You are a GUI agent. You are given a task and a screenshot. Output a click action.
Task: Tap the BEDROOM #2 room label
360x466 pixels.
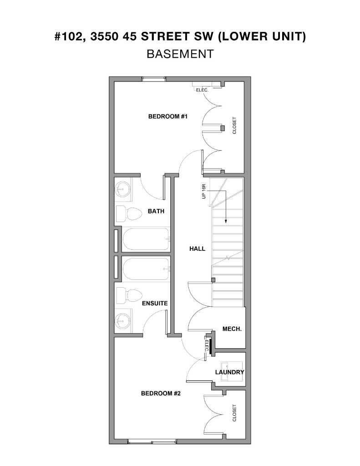[x=161, y=393]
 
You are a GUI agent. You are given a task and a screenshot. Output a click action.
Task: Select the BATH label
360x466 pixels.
[x=156, y=211]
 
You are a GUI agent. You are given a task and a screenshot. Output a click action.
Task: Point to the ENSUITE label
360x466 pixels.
[x=155, y=303]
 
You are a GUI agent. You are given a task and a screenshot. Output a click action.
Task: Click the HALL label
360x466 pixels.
[x=197, y=248]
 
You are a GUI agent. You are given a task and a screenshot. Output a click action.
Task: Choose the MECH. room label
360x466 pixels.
[x=232, y=329]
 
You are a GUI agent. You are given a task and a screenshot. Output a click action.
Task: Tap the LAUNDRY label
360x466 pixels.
[x=229, y=372]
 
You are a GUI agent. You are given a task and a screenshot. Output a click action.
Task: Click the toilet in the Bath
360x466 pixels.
[x=129, y=213]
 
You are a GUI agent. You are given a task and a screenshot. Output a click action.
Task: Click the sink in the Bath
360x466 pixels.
[x=122, y=190]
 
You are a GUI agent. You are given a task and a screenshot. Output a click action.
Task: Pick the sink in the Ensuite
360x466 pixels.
[x=122, y=321]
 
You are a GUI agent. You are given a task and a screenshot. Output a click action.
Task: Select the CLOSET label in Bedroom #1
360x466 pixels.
[x=235, y=126]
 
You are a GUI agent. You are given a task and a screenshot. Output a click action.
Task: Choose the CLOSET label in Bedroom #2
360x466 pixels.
[x=235, y=413]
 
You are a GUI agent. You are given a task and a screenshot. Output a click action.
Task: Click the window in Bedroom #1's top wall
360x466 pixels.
[x=153, y=79]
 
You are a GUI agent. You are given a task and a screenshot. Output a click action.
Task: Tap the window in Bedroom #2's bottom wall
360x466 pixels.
[x=152, y=441]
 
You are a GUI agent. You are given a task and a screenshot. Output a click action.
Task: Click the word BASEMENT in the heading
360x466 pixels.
[x=180, y=54]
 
